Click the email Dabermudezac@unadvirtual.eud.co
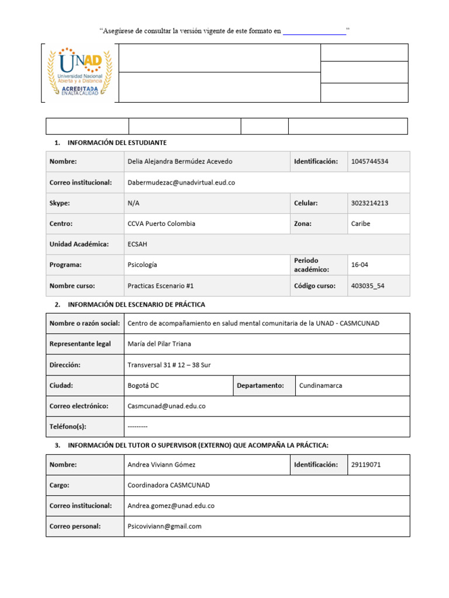pos(181,182)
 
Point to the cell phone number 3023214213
pos(369,203)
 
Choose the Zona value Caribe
pos(361,224)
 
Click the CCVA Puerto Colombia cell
pos(161,224)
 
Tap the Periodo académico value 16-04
pos(360,265)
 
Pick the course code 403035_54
pos(368,286)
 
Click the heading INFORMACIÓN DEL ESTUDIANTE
pos(118,142)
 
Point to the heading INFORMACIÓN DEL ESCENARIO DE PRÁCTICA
pos(137,304)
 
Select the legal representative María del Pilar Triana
pos(159,344)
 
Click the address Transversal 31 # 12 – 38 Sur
pos(169,365)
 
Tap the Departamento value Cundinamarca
pos(321,385)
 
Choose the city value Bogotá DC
pos(143,385)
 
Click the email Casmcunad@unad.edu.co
pos(167,406)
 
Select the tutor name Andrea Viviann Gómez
pos(161,465)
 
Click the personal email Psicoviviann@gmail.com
pos(164,526)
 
